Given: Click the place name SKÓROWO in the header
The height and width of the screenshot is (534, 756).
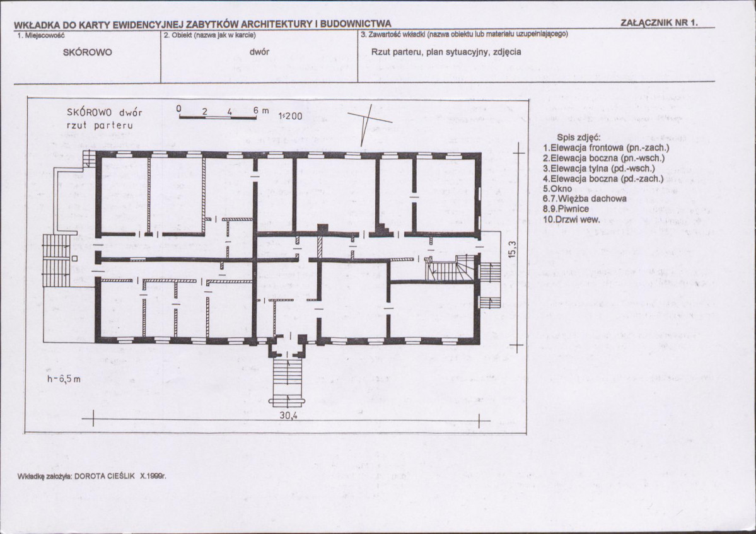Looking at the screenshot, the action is point(87,52).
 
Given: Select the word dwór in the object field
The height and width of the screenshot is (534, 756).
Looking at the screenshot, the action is point(259,52).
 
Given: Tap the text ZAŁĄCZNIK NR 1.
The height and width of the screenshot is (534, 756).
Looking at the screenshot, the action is point(659,23).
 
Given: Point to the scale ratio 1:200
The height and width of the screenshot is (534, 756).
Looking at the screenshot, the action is point(290,115).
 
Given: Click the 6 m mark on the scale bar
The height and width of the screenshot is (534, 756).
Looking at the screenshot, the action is point(261,110).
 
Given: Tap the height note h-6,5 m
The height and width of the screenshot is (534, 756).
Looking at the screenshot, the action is point(64,379).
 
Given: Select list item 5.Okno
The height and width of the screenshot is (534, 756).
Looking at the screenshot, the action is point(557,189).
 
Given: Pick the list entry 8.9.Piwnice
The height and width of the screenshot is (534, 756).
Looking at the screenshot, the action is point(566,209).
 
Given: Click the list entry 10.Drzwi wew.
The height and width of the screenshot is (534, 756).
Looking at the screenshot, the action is point(571,219).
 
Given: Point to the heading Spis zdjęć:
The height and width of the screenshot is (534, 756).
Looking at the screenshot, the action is point(579,137).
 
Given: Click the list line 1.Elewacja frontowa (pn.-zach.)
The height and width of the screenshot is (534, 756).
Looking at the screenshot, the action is point(606,148).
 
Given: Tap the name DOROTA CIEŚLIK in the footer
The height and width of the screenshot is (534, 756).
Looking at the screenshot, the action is point(105,476).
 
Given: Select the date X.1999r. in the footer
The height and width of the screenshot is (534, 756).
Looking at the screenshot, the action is point(153,476).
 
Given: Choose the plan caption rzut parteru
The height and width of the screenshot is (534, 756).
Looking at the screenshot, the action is point(100,125).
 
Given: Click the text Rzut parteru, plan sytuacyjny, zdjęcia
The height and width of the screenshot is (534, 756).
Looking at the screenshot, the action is point(446,52).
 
